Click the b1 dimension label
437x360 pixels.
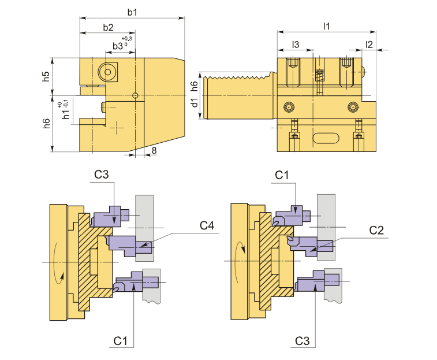[x=132, y=12]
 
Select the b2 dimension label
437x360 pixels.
[x=108, y=27]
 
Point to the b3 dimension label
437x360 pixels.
[x=118, y=46]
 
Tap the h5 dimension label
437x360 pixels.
[x=46, y=75]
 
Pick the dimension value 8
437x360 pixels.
[x=154, y=150]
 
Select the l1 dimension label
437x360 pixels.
[x=326, y=27]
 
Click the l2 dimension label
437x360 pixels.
[x=369, y=44]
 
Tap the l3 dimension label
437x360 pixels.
[x=295, y=44]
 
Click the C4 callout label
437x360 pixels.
[x=207, y=225]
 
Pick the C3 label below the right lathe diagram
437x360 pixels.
[x=302, y=342]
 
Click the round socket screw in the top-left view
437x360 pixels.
[x=107, y=72]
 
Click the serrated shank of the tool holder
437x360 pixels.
[x=237, y=95]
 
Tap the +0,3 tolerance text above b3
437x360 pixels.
[x=127, y=39]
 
